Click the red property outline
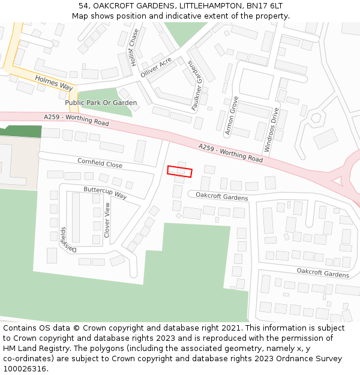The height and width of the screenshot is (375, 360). pos(179,172)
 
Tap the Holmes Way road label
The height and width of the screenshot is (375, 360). pos(53,83)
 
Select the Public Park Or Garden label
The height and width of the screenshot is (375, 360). pos(101,103)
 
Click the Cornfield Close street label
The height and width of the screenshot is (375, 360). pos(100,163)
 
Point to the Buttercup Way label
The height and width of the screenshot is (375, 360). pos(105,193)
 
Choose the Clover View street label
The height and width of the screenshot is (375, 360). pos(107,220)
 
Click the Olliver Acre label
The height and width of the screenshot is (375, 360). pos(156,67)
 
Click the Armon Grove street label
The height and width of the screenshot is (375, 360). pos(232,115)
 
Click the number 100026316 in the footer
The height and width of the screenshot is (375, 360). pos(26,368)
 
